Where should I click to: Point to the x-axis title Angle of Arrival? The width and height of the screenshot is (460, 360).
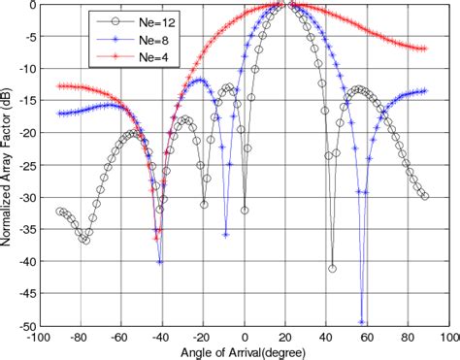pos(246,350)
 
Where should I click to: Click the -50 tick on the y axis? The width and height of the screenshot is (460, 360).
pos(22,325)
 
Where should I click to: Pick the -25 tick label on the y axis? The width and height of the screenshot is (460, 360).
pos(22,165)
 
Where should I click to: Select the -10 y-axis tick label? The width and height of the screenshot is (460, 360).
pos(22,69)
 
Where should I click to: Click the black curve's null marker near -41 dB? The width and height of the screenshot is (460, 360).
pos(332,268)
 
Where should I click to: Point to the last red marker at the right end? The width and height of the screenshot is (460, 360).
pos(424,49)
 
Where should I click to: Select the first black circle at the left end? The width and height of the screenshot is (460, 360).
pos(60,210)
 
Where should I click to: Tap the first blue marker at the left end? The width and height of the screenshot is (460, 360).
pos(60,114)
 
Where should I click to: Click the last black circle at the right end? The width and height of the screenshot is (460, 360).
pos(424,196)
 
